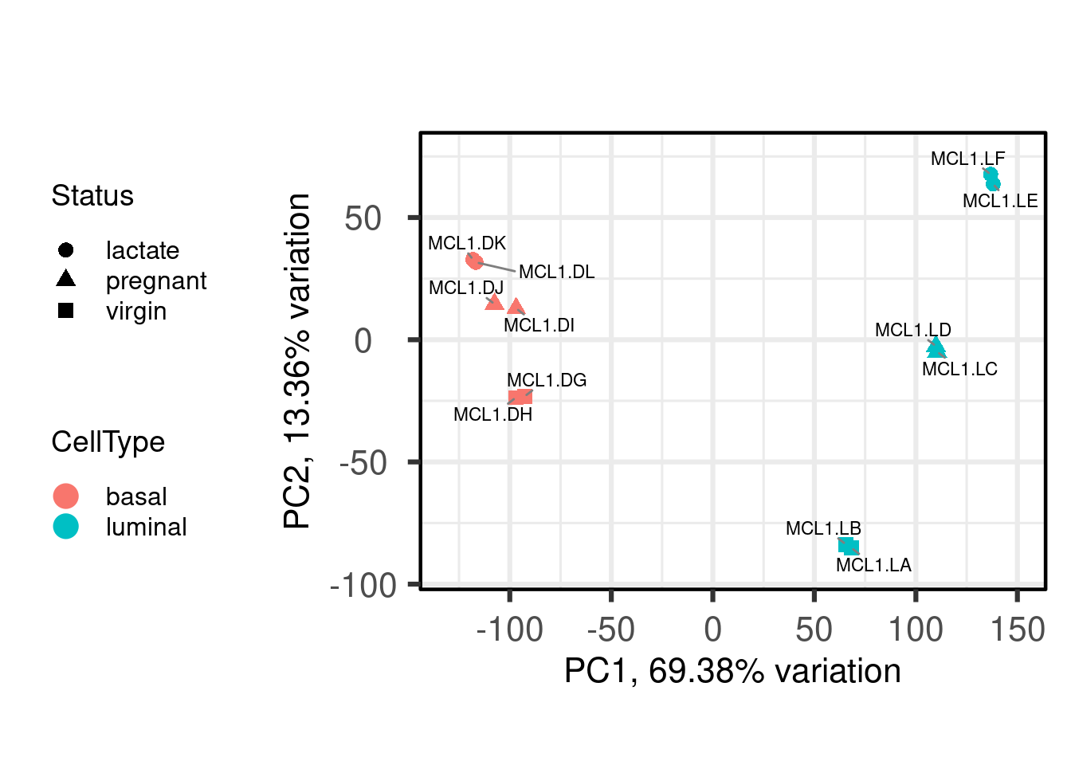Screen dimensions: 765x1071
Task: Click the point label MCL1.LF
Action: tap(967, 159)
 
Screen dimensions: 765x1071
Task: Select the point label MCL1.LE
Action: tap(1000, 201)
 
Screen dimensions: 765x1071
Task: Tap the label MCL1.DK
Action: tap(467, 243)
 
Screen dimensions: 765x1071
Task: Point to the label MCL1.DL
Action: tap(556, 272)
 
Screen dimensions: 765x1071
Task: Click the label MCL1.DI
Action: tap(539, 325)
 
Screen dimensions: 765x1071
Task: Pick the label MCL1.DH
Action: tap(492, 414)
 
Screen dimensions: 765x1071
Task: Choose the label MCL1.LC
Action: tap(959, 369)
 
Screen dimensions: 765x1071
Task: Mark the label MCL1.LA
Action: tap(873, 565)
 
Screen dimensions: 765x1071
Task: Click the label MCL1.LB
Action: tap(823, 528)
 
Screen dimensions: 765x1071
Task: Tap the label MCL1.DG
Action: tap(547, 380)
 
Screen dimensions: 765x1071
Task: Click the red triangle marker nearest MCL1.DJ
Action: tap(494, 302)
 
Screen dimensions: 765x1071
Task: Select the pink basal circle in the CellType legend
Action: tap(66, 496)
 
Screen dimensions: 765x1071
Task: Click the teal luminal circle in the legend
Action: tap(66, 526)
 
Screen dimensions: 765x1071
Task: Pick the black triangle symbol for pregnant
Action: tap(66, 279)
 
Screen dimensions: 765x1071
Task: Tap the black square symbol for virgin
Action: tap(66, 311)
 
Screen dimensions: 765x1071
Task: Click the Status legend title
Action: tap(92, 196)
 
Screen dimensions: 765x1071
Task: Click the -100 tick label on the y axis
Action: tap(363, 586)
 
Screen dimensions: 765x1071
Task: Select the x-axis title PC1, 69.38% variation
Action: tap(732, 671)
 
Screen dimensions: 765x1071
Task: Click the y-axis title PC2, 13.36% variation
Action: tap(298, 360)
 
